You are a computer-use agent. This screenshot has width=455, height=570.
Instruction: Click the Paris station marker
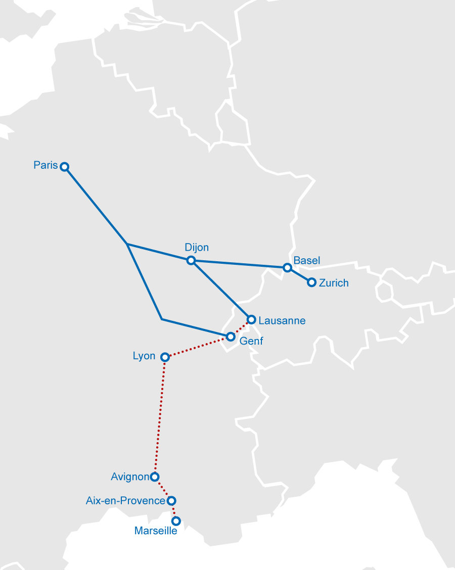click(65, 167)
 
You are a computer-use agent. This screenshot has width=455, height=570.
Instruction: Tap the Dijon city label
click(197, 248)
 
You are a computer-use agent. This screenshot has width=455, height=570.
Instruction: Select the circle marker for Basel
click(287, 267)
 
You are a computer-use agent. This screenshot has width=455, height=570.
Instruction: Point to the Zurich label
click(334, 283)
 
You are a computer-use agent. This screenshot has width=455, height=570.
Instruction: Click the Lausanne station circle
click(251, 319)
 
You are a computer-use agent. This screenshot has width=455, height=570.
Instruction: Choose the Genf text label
click(251, 341)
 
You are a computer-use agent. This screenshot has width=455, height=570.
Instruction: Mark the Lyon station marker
click(164, 357)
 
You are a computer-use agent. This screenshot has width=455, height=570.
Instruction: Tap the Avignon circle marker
click(155, 477)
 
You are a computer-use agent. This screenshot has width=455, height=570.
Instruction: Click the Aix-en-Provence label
click(126, 501)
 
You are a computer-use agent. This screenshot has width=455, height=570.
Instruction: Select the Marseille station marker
click(176, 520)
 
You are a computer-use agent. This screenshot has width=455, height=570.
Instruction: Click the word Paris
click(46, 165)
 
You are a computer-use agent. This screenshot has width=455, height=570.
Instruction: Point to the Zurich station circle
click(312, 282)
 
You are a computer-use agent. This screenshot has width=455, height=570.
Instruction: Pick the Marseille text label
click(156, 531)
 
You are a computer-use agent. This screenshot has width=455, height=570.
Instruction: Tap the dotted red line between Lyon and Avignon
click(160, 417)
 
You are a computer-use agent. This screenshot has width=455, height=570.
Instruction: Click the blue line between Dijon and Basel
click(239, 264)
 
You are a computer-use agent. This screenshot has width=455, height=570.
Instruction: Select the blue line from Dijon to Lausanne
click(221, 290)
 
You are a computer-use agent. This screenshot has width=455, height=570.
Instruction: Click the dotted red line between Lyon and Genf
click(197, 347)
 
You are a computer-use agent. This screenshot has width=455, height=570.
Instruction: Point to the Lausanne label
click(282, 321)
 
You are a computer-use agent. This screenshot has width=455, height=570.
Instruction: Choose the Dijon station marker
click(191, 260)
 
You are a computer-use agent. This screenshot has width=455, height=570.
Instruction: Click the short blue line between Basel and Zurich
click(299, 275)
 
